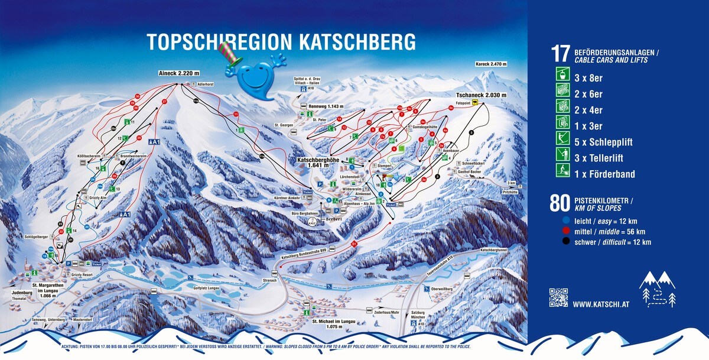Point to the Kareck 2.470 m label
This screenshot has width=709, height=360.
point(491,64)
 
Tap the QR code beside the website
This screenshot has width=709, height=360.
point(558,297)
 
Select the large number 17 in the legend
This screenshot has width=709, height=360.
point(560,54)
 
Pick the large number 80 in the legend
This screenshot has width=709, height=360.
point(560,202)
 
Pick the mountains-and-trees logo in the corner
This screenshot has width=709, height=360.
point(657,289)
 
